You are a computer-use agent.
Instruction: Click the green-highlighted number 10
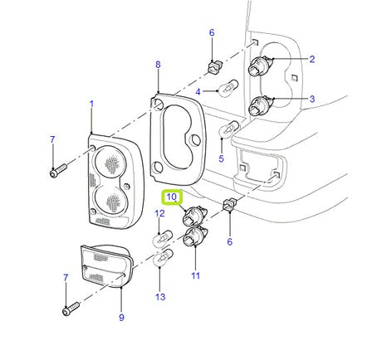point(171,197)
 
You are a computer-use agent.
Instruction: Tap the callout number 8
point(158,64)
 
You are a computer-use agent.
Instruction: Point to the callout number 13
point(160,296)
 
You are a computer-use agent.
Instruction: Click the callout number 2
point(311,59)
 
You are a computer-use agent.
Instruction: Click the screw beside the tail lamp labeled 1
point(56,172)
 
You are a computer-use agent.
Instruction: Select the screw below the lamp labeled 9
point(68,312)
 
